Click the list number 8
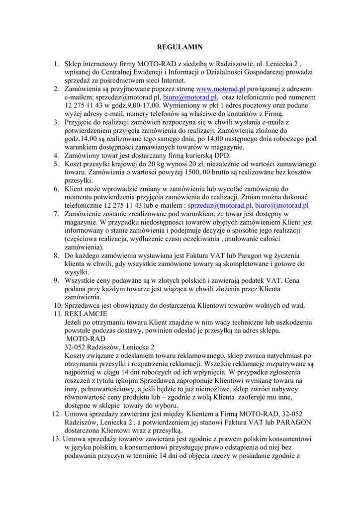pos(56,255)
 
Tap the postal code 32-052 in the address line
pos(77,347)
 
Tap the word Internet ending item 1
pos(172,81)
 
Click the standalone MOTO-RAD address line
pos(82,339)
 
